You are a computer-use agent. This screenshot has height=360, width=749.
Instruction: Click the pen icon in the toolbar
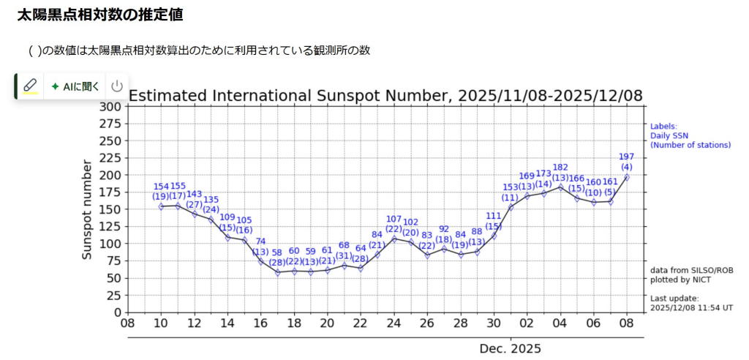point(30,86)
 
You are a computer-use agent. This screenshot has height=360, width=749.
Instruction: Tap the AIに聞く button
point(75,86)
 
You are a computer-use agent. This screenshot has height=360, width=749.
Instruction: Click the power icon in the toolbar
point(117,86)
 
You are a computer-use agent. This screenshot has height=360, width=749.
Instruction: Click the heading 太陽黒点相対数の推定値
point(99,15)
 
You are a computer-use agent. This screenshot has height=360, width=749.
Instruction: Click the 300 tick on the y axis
point(110,106)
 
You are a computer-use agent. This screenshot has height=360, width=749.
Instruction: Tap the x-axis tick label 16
point(260,323)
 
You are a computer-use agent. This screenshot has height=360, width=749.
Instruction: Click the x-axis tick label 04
point(560,323)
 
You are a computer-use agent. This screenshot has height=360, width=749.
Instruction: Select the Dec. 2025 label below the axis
point(511,348)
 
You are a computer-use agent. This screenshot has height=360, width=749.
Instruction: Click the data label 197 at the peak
point(627,157)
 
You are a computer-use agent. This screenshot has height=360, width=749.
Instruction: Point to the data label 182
point(560,168)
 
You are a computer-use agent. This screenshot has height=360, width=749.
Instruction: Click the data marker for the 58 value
point(277,273)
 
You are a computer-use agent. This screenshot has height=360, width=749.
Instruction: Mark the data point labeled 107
point(394,239)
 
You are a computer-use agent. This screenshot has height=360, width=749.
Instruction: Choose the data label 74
point(260,242)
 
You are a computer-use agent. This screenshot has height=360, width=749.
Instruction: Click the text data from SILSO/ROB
point(691,270)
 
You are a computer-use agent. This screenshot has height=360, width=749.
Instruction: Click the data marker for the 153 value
point(511,208)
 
